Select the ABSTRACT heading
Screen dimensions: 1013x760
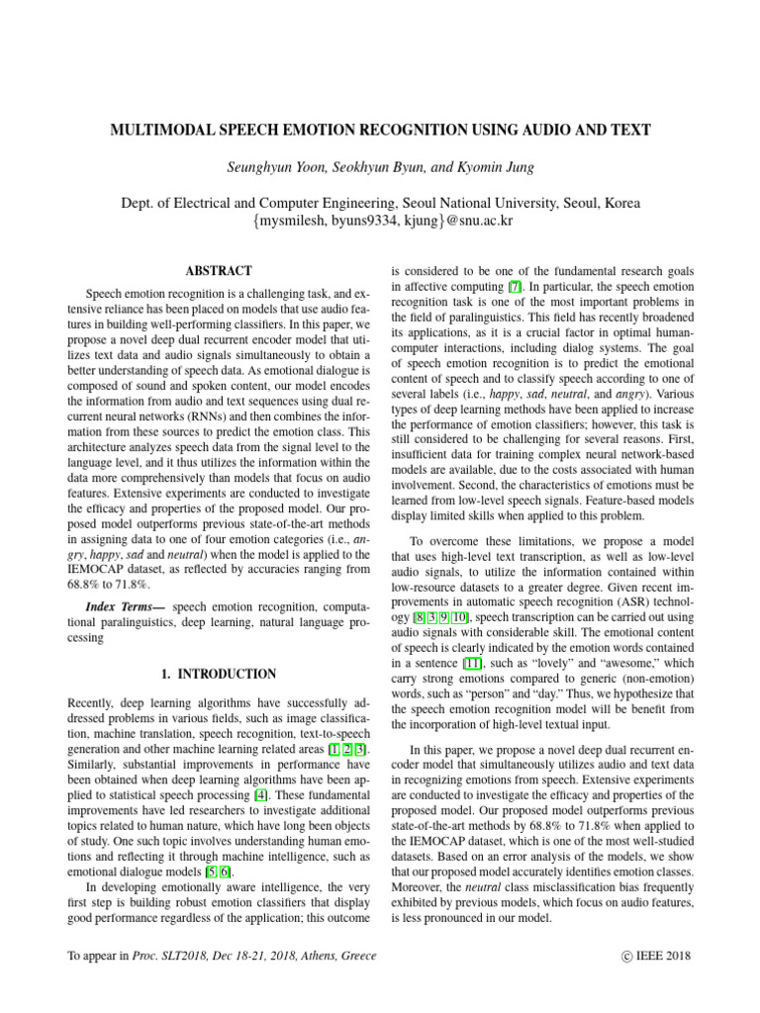pos(219,270)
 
